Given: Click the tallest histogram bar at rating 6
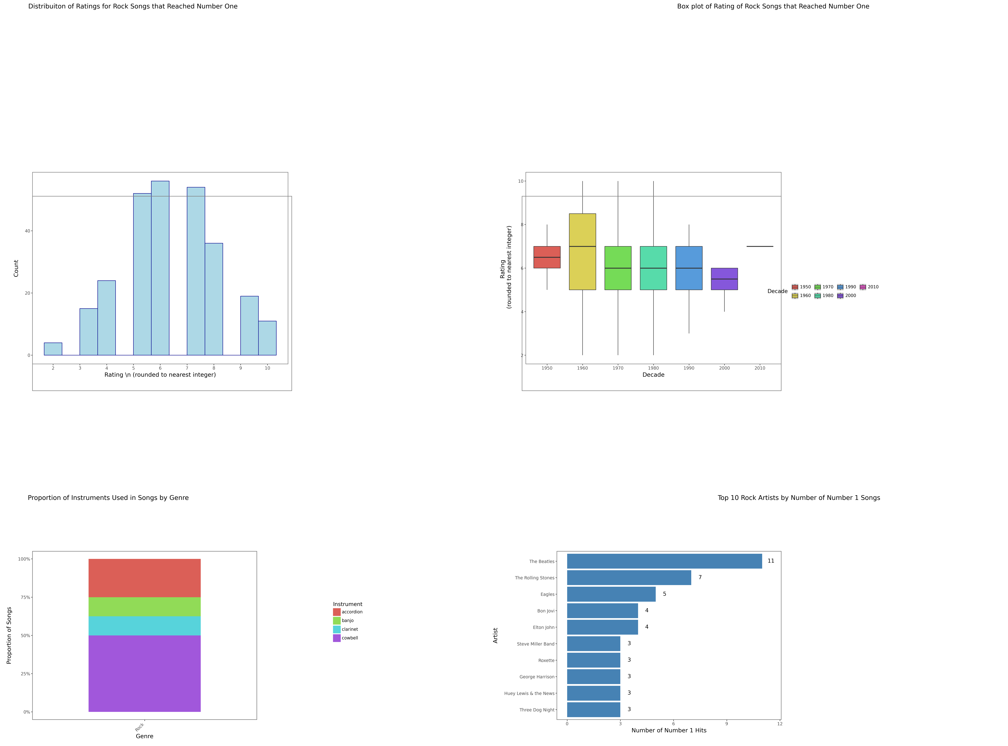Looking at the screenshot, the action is coord(160,268).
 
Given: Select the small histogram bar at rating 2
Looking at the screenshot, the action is coord(53,349).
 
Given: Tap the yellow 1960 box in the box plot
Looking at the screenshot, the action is coord(582,252).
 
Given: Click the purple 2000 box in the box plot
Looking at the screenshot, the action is coord(724,279).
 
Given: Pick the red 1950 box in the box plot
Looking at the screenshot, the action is coord(547,257).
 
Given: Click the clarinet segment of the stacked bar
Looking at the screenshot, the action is coord(144,626).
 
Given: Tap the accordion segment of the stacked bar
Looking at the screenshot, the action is coord(144,578).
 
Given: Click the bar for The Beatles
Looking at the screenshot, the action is coord(664,561).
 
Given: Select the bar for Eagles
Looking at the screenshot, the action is coord(611,594).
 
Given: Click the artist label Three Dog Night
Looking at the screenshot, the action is coord(537,710).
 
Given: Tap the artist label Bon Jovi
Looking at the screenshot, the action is coord(546,611).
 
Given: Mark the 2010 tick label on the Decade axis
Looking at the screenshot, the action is coord(760,368).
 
